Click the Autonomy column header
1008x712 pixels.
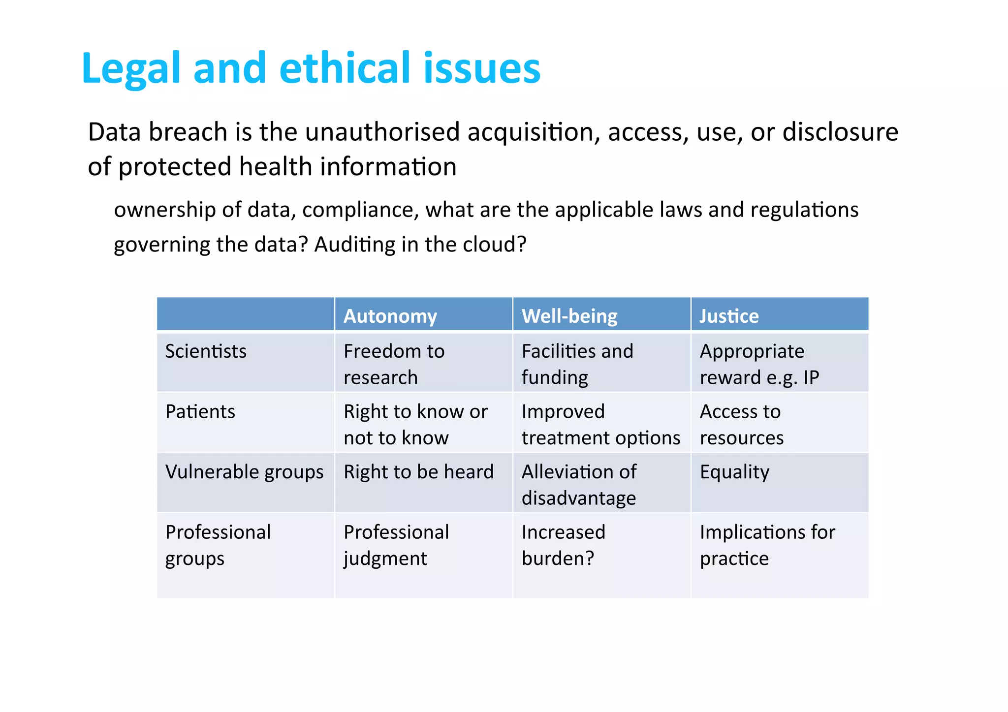coord(390,316)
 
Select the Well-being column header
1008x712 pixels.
coord(569,316)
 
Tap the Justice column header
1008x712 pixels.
coord(729,316)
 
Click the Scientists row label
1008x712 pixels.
coord(206,351)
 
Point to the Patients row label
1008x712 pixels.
coord(200,411)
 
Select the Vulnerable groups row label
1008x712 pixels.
coord(244,472)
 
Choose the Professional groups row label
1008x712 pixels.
coord(218,545)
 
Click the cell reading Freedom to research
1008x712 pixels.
coord(394,364)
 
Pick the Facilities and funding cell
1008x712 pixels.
coord(577,364)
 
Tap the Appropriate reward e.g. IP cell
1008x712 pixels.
coord(759,364)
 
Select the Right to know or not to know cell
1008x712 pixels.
coord(415,424)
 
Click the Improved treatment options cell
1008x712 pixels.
coord(600,424)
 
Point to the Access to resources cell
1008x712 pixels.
coord(741,424)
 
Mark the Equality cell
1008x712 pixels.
coord(734,472)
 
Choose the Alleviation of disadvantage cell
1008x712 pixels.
coord(579,485)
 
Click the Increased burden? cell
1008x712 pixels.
coord(563,545)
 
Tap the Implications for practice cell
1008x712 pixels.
coord(767,545)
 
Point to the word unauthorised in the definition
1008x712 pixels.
coord(382,132)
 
